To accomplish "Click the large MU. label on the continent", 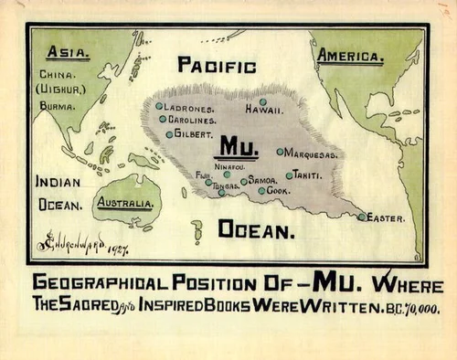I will [x=236, y=146].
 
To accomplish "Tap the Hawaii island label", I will [x=263, y=110].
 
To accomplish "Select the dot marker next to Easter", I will [x=362, y=217].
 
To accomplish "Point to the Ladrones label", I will [x=189, y=107].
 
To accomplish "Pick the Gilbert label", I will [x=193, y=134].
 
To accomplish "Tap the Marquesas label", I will [x=312, y=154].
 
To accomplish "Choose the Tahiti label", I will [x=306, y=174].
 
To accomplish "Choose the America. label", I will [x=350, y=57].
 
